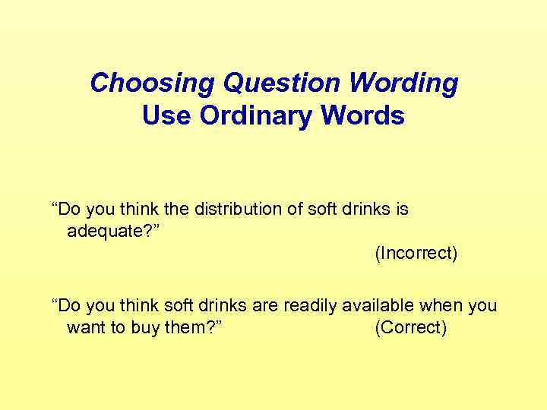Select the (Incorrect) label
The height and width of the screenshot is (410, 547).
pos(416,253)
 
